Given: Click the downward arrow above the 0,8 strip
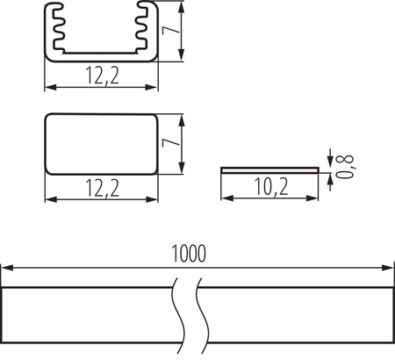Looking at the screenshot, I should click(x=328, y=159).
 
